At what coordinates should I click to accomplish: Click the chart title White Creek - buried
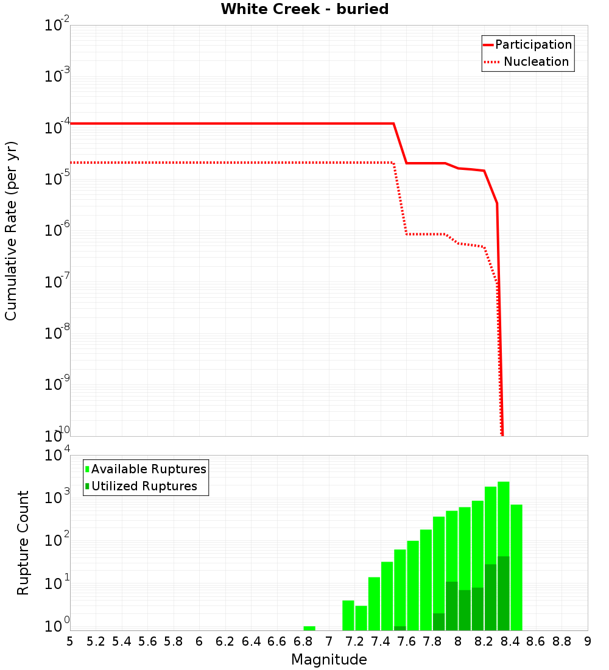304,9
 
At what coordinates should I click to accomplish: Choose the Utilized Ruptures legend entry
144,486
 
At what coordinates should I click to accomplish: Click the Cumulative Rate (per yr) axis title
11,230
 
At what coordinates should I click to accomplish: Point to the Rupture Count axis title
23,542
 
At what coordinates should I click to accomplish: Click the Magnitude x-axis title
329,660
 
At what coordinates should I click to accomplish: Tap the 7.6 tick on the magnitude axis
406,641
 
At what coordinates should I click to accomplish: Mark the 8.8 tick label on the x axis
561,641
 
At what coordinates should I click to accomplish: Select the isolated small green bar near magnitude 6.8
309,628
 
